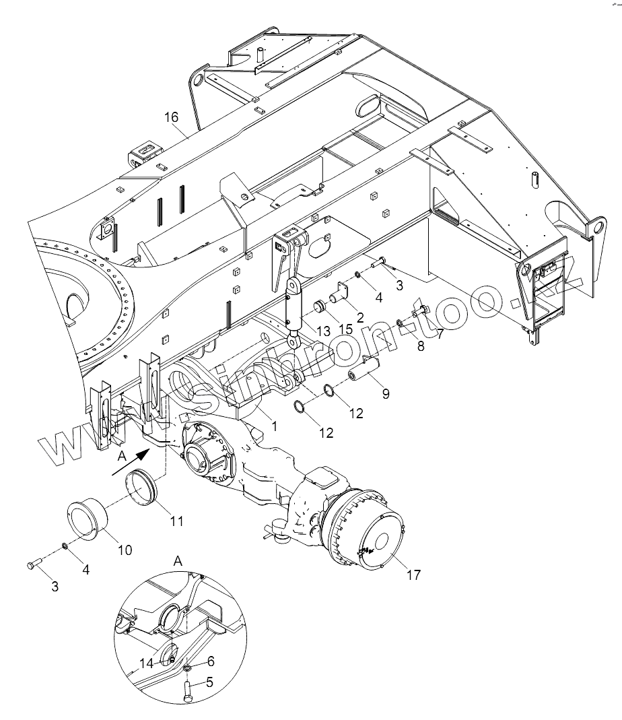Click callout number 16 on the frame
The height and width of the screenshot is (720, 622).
(171, 117)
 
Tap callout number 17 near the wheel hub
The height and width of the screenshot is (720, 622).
(413, 575)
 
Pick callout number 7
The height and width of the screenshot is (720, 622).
(441, 333)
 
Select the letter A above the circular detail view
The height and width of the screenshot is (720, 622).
(178, 561)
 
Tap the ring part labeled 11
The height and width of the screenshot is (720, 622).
(141, 484)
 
